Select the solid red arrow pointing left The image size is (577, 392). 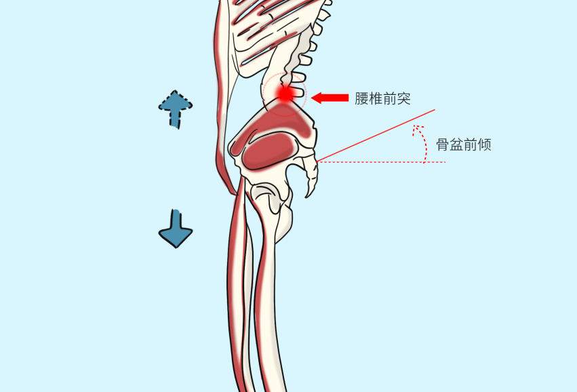pyautogui.click(x=330, y=98)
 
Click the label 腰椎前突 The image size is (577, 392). pyautogui.click(x=382, y=98)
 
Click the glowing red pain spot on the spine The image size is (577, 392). pyautogui.click(x=285, y=94)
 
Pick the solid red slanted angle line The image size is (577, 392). pyautogui.click(x=380, y=135)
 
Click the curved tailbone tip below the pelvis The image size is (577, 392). pyautogui.click(x=310, y=190)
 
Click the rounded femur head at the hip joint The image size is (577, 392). pyautogui.click(x=270, y=196)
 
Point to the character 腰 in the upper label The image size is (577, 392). pyautogui.click(x=361, y=98)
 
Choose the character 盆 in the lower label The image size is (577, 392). pyautogui.click(x=456, y=144)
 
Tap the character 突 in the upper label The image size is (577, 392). pyautogui.click(x=404, y=98)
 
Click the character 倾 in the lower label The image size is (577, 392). pyautogui.click(x=484, y=144)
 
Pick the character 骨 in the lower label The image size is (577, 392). pyautogui.click(x=442, y=144)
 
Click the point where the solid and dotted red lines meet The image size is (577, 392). pyautogui.click(x=317, y=161)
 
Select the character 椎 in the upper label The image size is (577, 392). pyautogui.click(x=376, y=98)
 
